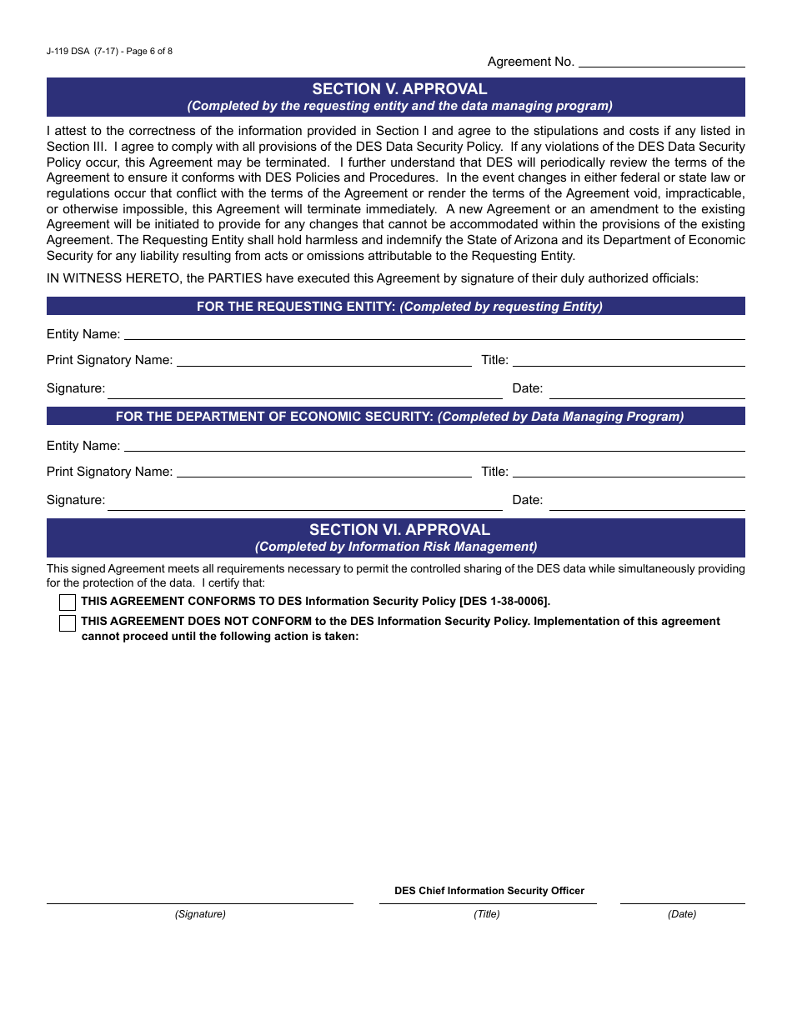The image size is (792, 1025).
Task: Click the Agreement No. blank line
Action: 661,61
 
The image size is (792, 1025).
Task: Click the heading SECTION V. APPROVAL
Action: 399,89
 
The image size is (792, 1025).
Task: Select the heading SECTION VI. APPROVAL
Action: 399,530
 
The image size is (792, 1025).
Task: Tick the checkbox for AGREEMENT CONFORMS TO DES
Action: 68,602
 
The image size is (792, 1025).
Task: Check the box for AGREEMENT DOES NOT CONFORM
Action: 68,623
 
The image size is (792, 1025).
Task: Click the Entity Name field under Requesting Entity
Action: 434,333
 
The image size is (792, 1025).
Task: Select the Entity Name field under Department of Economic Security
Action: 434,445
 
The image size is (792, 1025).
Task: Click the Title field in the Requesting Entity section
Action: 629,360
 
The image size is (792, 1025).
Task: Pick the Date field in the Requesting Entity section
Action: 647,388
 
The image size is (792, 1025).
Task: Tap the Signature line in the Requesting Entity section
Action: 304,388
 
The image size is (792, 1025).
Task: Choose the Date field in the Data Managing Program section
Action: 647,500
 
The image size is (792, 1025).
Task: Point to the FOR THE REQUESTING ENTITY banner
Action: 399,307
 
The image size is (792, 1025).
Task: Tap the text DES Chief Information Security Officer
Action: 489,891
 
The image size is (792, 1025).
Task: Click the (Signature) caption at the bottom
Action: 200,914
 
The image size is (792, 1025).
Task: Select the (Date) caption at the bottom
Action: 682,914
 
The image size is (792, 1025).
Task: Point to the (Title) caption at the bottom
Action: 487,914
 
